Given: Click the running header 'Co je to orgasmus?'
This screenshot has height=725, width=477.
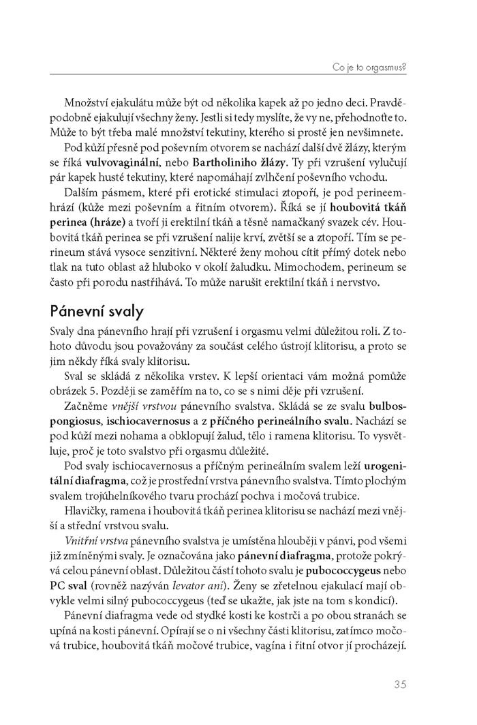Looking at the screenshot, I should tap(369, 67).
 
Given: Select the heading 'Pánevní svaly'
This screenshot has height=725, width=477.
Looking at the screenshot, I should tap(96, 311).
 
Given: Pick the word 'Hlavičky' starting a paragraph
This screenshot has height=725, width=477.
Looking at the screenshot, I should tap(88, 500).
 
